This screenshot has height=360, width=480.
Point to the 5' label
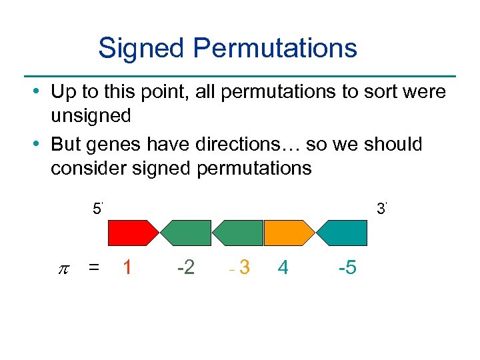coord(97,209)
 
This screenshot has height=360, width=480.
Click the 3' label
coord(382,209)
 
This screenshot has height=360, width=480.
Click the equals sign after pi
coord(95,268)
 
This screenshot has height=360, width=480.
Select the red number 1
coord(127,268)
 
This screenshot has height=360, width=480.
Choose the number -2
coord(185,268)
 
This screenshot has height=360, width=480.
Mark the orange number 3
coord(245,268)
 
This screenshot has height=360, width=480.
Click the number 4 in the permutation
coord(283,268)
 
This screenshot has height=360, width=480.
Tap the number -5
coord(347,268)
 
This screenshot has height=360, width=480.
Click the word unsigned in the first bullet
coord(91,115)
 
